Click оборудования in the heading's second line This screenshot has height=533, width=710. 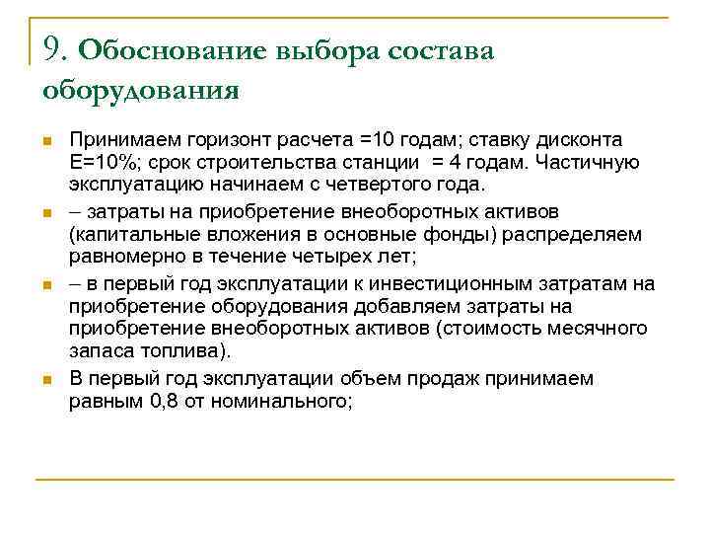coord(141,90)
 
